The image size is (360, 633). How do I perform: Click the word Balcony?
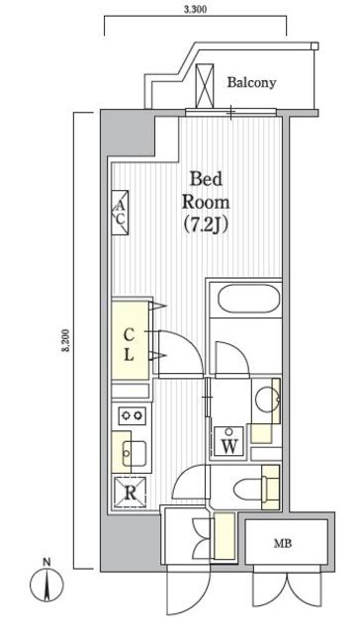click(x=251, y=83)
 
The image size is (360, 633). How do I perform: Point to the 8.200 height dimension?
click(x=66, y=340)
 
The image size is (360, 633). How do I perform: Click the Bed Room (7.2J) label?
click(x=206, y=202)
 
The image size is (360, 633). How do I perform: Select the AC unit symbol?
click(x=121, y=213)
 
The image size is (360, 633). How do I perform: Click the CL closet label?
click(x=129, y=344)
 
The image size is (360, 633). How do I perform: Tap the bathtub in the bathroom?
click(x=248, y=300)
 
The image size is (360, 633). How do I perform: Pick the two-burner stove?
click(x=133, y=414)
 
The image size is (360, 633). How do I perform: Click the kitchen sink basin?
click(x=135, y=453)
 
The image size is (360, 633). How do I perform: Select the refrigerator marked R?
click(x=130, y=493)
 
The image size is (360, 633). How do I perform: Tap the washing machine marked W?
click(x=228, y=442)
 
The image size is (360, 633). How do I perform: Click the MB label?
click(x=283, y=543)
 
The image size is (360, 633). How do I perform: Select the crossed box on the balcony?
click(x=204, y=86)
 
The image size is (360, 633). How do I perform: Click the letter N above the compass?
click(x=47, y=561)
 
